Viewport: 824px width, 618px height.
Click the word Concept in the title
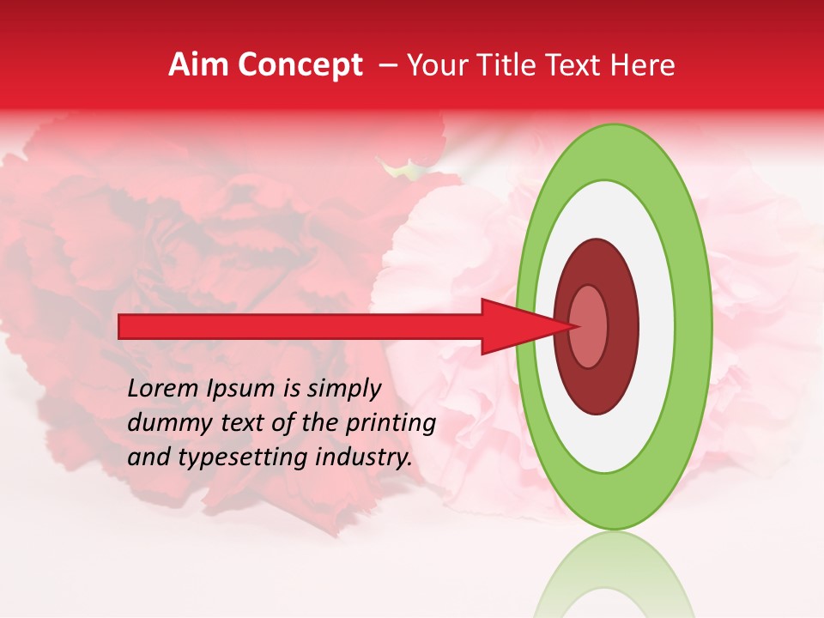click(x=300, y=65)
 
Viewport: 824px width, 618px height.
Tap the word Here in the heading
click(x=642, y=65)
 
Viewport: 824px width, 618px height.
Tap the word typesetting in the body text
click(x=228, y=458)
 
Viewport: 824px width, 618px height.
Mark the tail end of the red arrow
click(x=121, y=326)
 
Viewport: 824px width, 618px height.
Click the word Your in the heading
click(x=438, y=65)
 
